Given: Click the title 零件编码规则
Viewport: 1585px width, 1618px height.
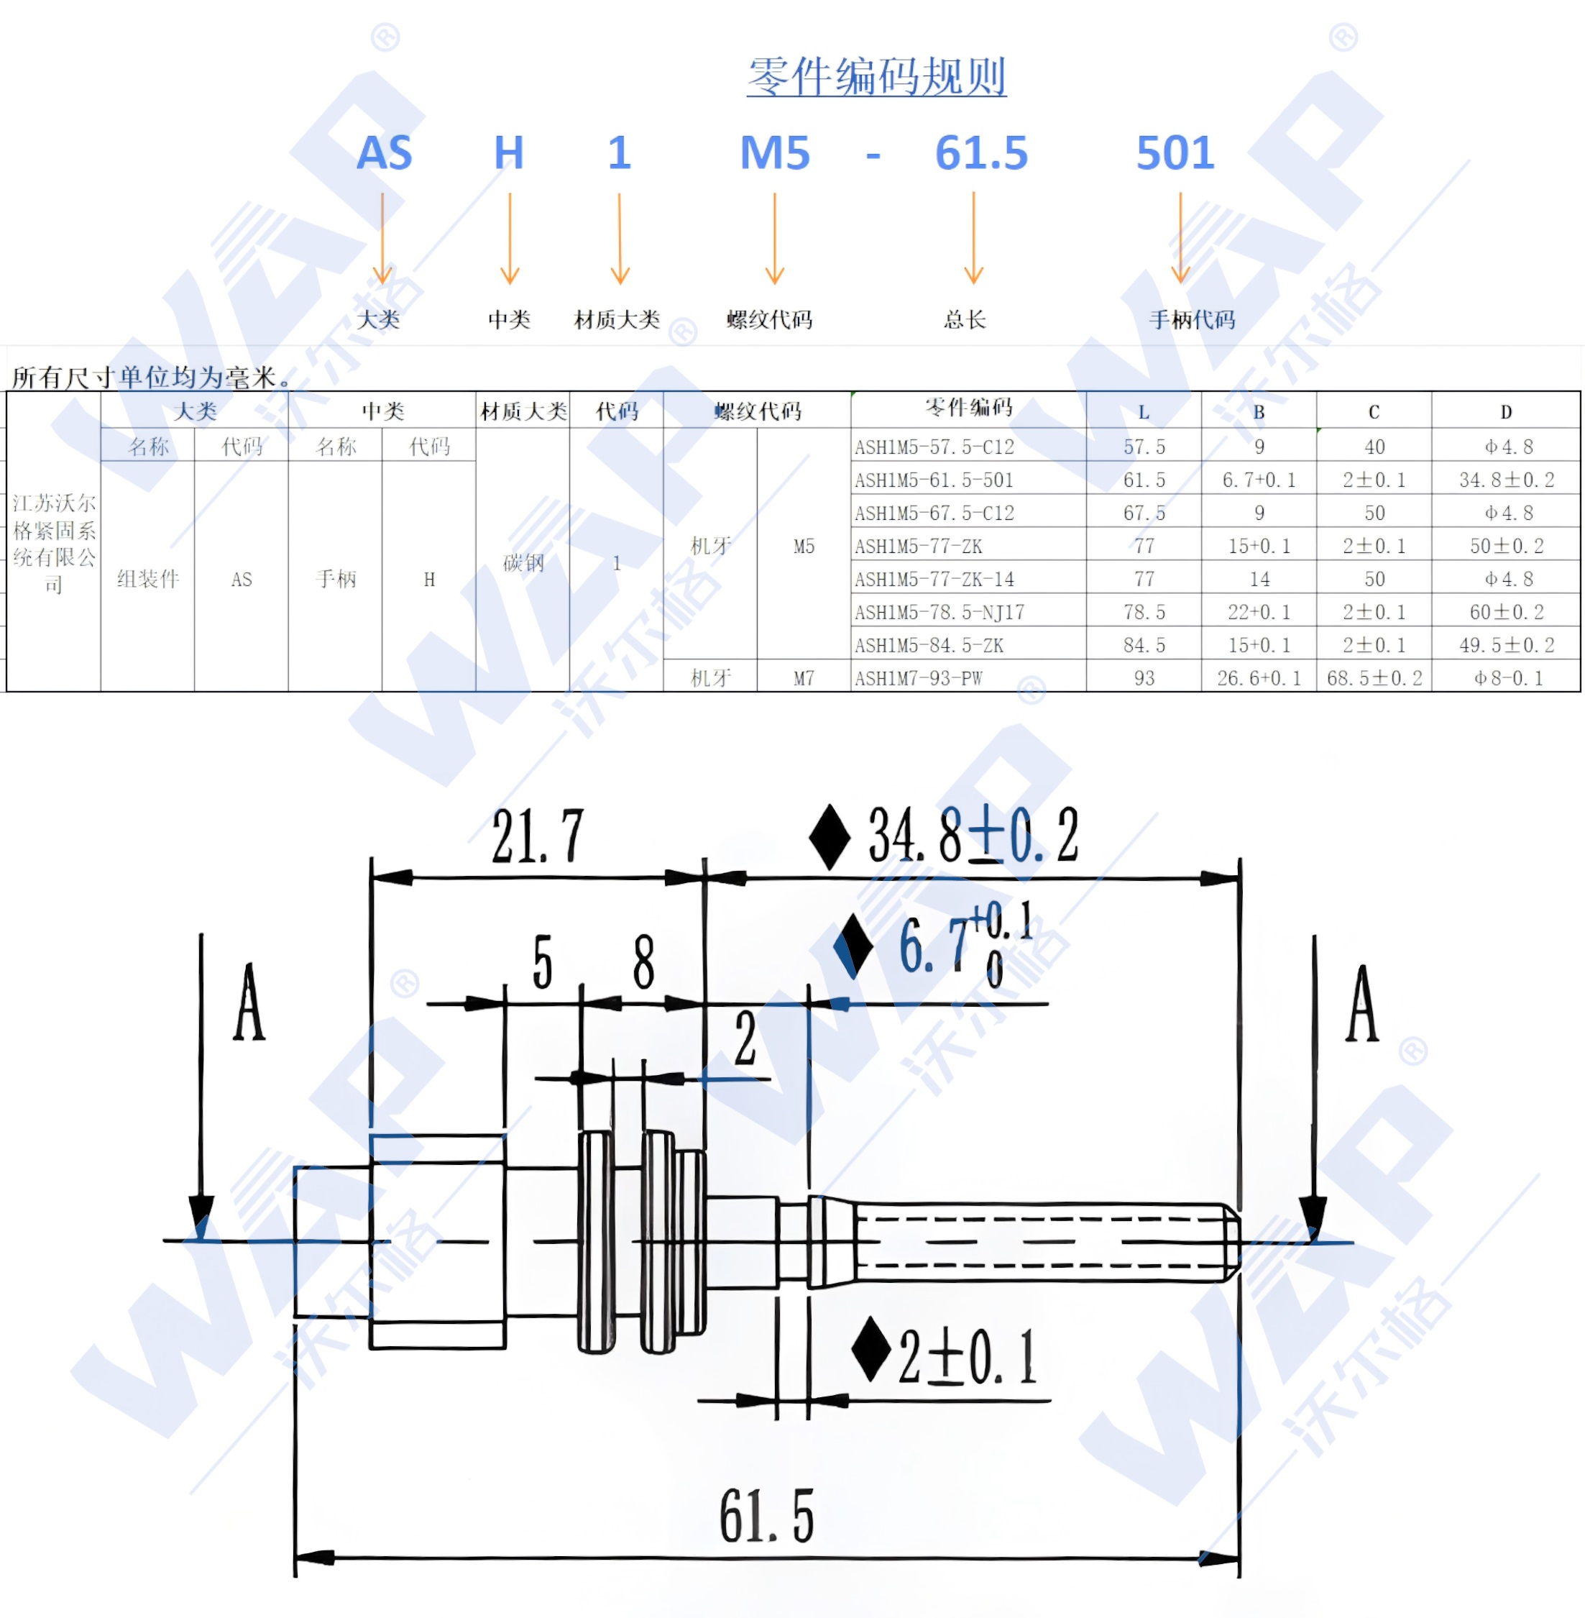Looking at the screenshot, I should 876,77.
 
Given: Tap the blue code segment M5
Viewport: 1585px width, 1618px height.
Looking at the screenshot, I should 774,153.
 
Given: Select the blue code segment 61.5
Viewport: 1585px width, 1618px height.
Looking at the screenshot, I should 980,153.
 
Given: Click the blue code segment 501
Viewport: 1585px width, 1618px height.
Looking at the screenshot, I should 1175,153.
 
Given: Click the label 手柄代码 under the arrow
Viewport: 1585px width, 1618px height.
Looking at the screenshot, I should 1191,320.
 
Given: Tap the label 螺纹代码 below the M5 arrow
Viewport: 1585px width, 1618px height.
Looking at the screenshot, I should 768,320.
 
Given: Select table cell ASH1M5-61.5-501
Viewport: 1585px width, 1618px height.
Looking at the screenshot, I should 933,480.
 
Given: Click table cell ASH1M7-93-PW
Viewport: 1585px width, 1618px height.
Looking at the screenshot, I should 917,679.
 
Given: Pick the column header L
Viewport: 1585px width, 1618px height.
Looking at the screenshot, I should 1143,412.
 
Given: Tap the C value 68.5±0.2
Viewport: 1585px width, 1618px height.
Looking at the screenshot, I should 1374,679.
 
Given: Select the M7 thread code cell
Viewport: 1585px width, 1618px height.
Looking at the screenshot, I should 804,679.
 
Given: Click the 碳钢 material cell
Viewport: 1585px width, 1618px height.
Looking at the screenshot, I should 523,563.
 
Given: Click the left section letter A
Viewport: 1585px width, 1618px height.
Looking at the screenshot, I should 248,1003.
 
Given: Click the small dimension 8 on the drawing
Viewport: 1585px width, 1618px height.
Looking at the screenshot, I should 643,961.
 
